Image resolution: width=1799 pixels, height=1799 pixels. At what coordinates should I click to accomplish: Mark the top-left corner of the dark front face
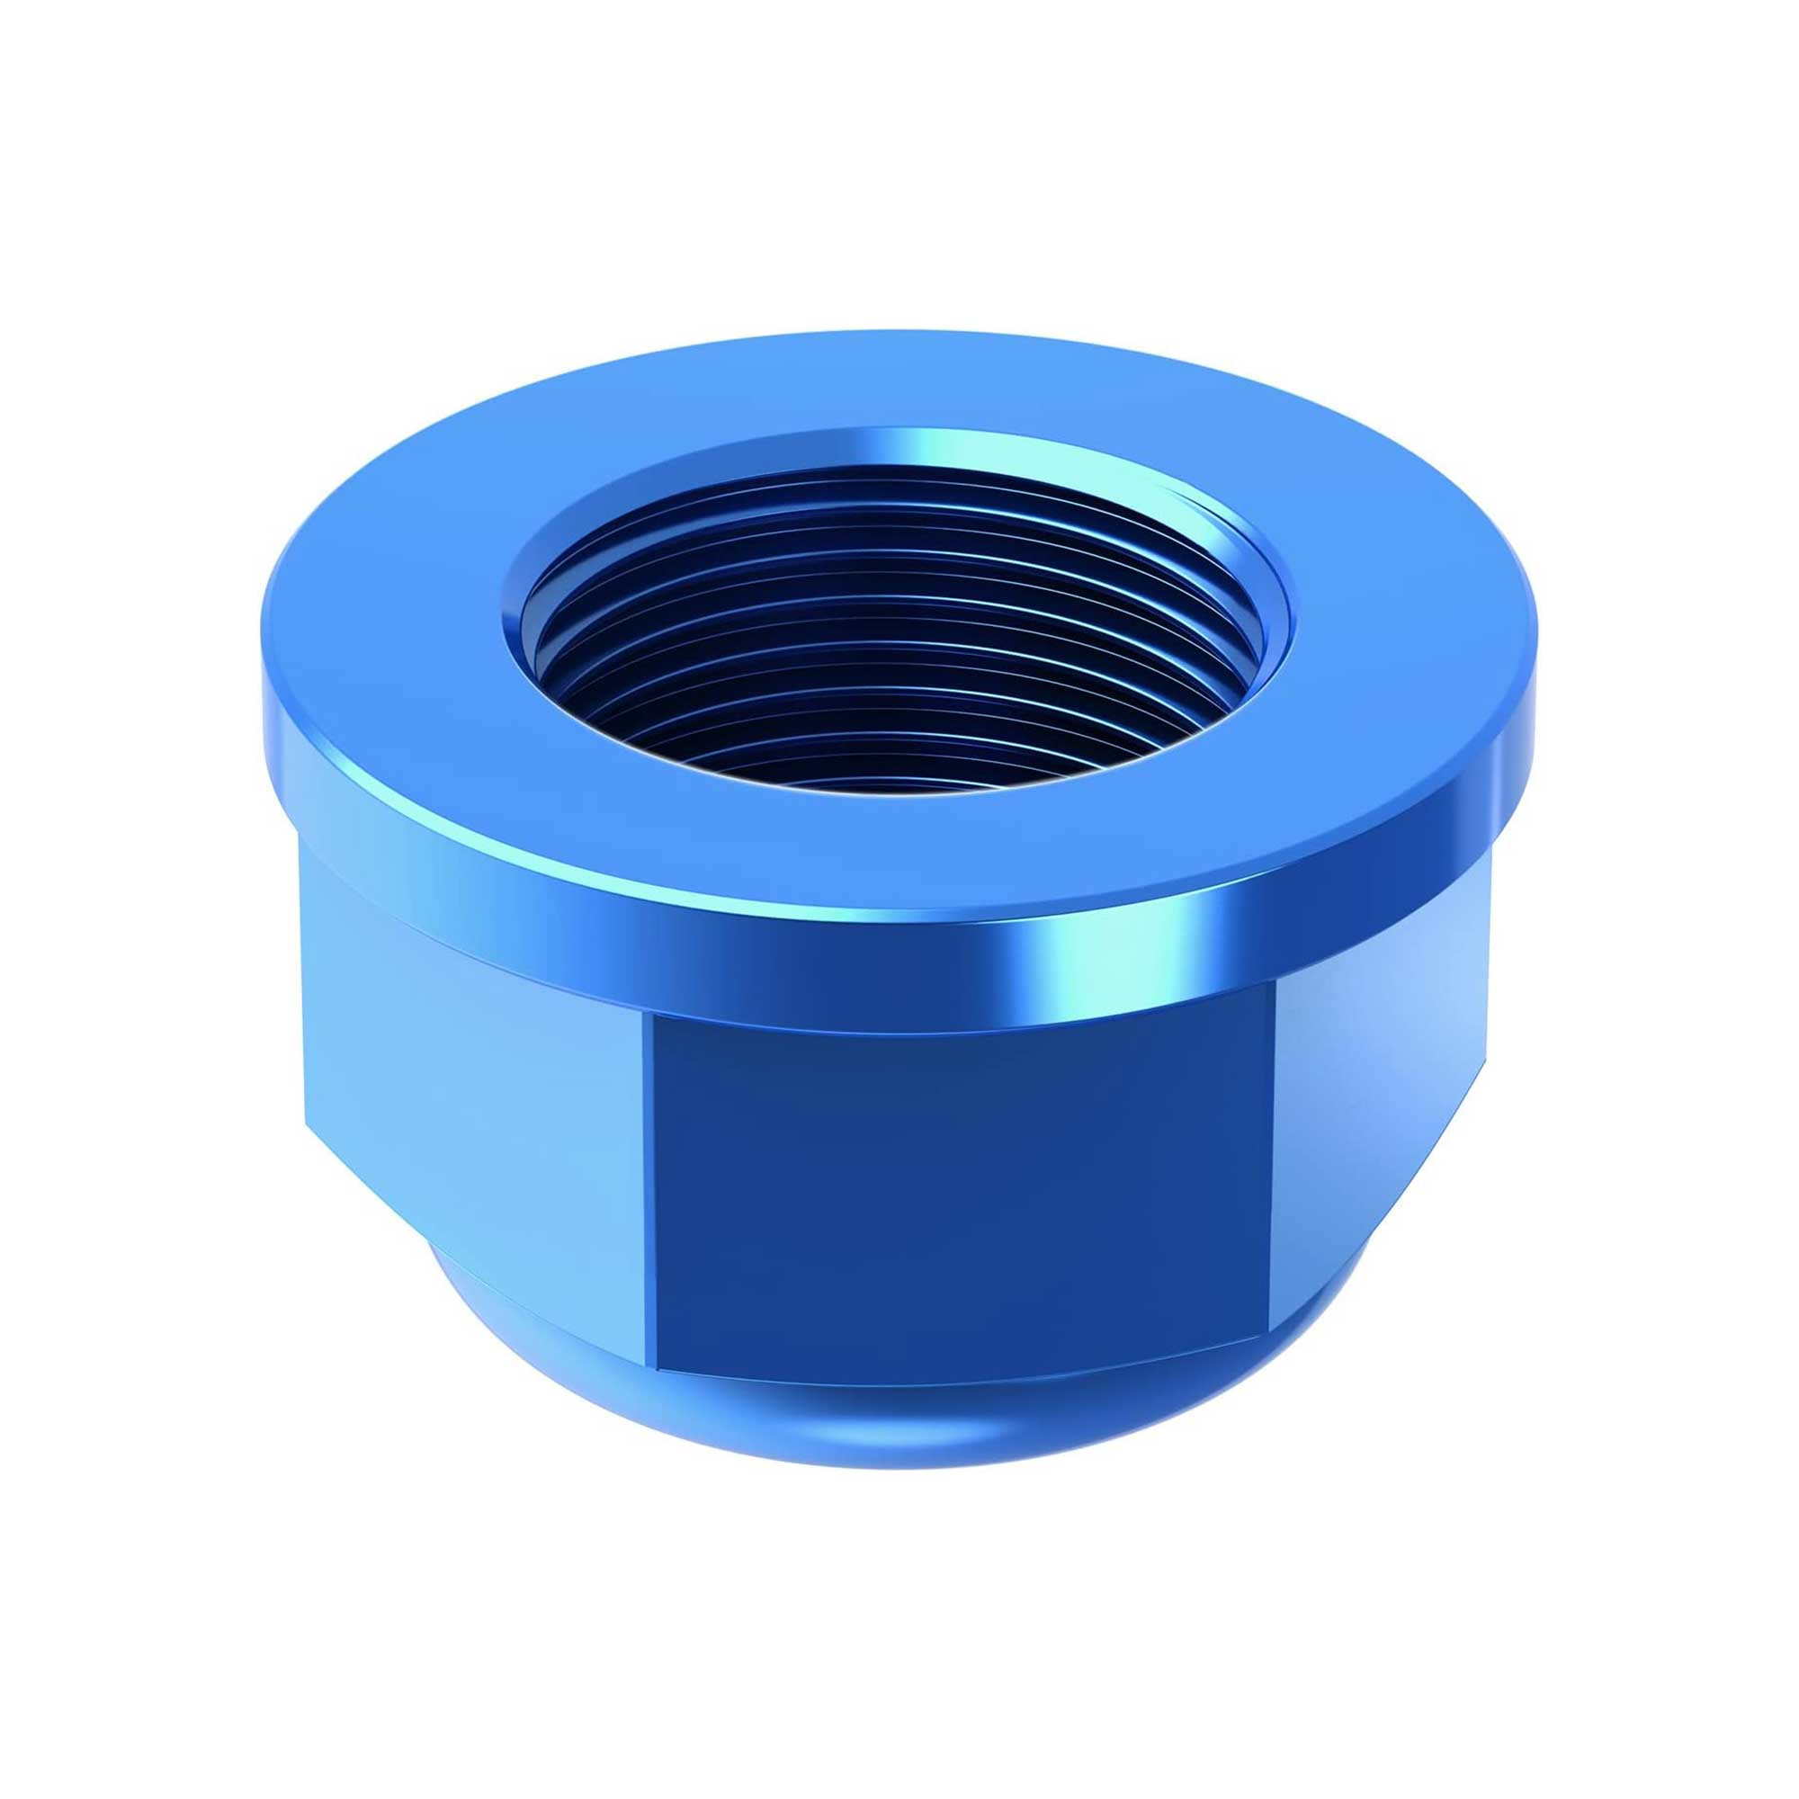652,1016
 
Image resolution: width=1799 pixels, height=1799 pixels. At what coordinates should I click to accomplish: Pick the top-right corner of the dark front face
1274,1007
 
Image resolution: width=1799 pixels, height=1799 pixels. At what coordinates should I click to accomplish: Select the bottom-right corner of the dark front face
1268,1343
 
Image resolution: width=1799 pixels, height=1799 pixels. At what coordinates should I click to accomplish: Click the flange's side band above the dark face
931,969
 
